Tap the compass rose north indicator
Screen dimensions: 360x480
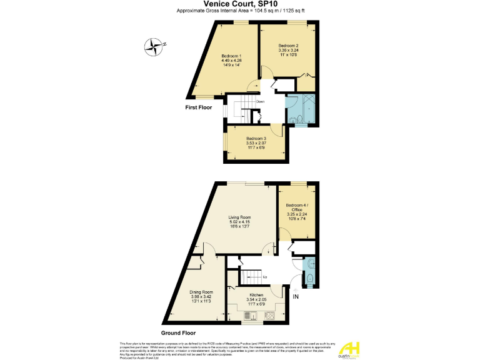coord(152,45)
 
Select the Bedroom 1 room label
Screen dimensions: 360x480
coord(231,56)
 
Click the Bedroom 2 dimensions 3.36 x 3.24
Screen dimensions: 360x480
coord(287,51)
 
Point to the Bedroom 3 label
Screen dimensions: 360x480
coord(256,138)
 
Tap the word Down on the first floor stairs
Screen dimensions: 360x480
coord(260,101)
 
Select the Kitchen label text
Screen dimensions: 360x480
coord(256,295)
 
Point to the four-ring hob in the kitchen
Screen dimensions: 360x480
coord(269,315)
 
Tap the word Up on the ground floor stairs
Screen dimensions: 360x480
coord(265,277)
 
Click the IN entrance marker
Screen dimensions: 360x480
coord(296,296)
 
